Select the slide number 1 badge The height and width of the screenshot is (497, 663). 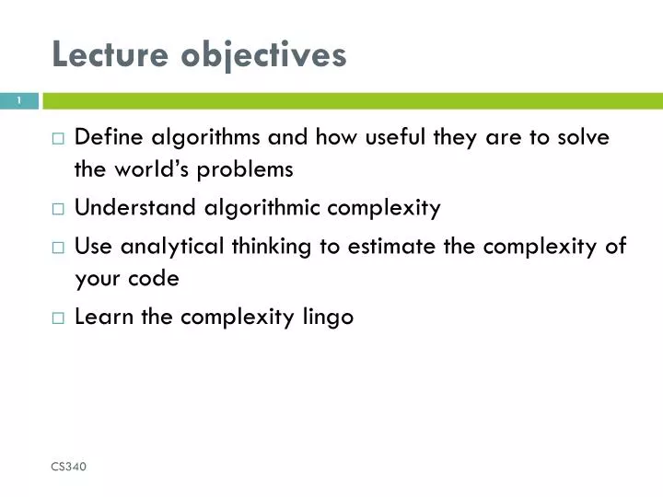coord(19,101)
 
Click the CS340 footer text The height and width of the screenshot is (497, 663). coord(69,468)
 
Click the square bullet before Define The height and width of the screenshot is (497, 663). coord(58,139)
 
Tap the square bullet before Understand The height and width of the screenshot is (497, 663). coord(58,209)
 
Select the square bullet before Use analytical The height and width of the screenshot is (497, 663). coord(58,248)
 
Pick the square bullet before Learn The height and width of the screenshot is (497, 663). coord(58,318)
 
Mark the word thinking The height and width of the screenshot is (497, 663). coord(270,247)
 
